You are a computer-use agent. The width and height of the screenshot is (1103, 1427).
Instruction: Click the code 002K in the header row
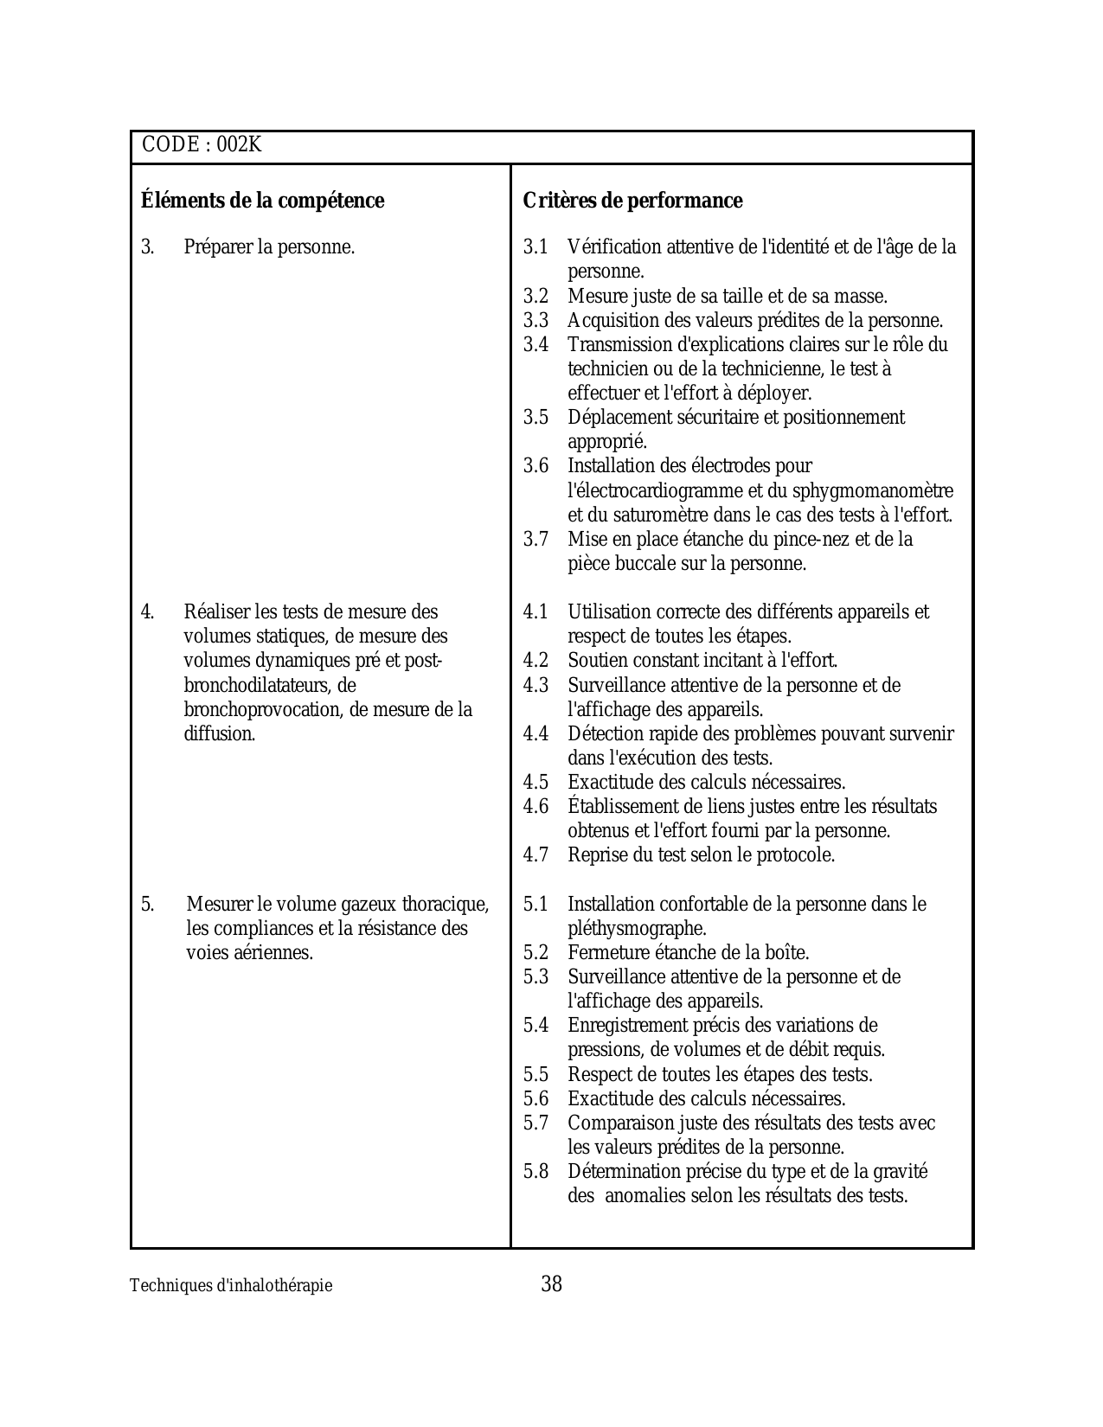239,145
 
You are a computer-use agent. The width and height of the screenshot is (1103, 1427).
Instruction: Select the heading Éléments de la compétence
262,201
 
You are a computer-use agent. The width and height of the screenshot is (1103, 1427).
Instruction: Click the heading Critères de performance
632,201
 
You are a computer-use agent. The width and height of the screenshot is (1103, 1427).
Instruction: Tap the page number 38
551,1284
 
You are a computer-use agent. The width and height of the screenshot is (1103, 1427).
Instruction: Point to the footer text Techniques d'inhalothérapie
231,1286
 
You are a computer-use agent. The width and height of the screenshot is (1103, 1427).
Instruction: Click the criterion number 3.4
535,345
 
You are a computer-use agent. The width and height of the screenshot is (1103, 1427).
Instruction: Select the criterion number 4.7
535,855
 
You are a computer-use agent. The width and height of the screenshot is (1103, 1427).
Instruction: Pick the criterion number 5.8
535,1172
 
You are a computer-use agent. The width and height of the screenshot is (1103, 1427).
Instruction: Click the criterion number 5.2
535,953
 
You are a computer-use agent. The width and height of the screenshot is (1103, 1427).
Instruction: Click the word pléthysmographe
636,929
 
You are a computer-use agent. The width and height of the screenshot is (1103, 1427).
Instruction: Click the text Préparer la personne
269,247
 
